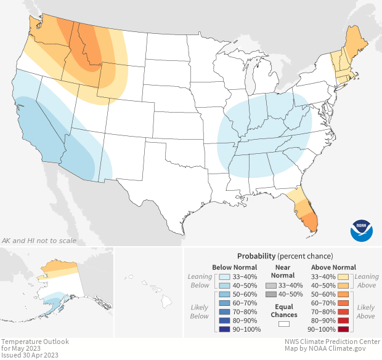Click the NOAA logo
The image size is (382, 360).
coord(362,230)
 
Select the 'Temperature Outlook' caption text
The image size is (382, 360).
coord(35,342)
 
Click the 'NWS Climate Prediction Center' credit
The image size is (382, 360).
coord(332,342)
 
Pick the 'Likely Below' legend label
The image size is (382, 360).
coord(198,311)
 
